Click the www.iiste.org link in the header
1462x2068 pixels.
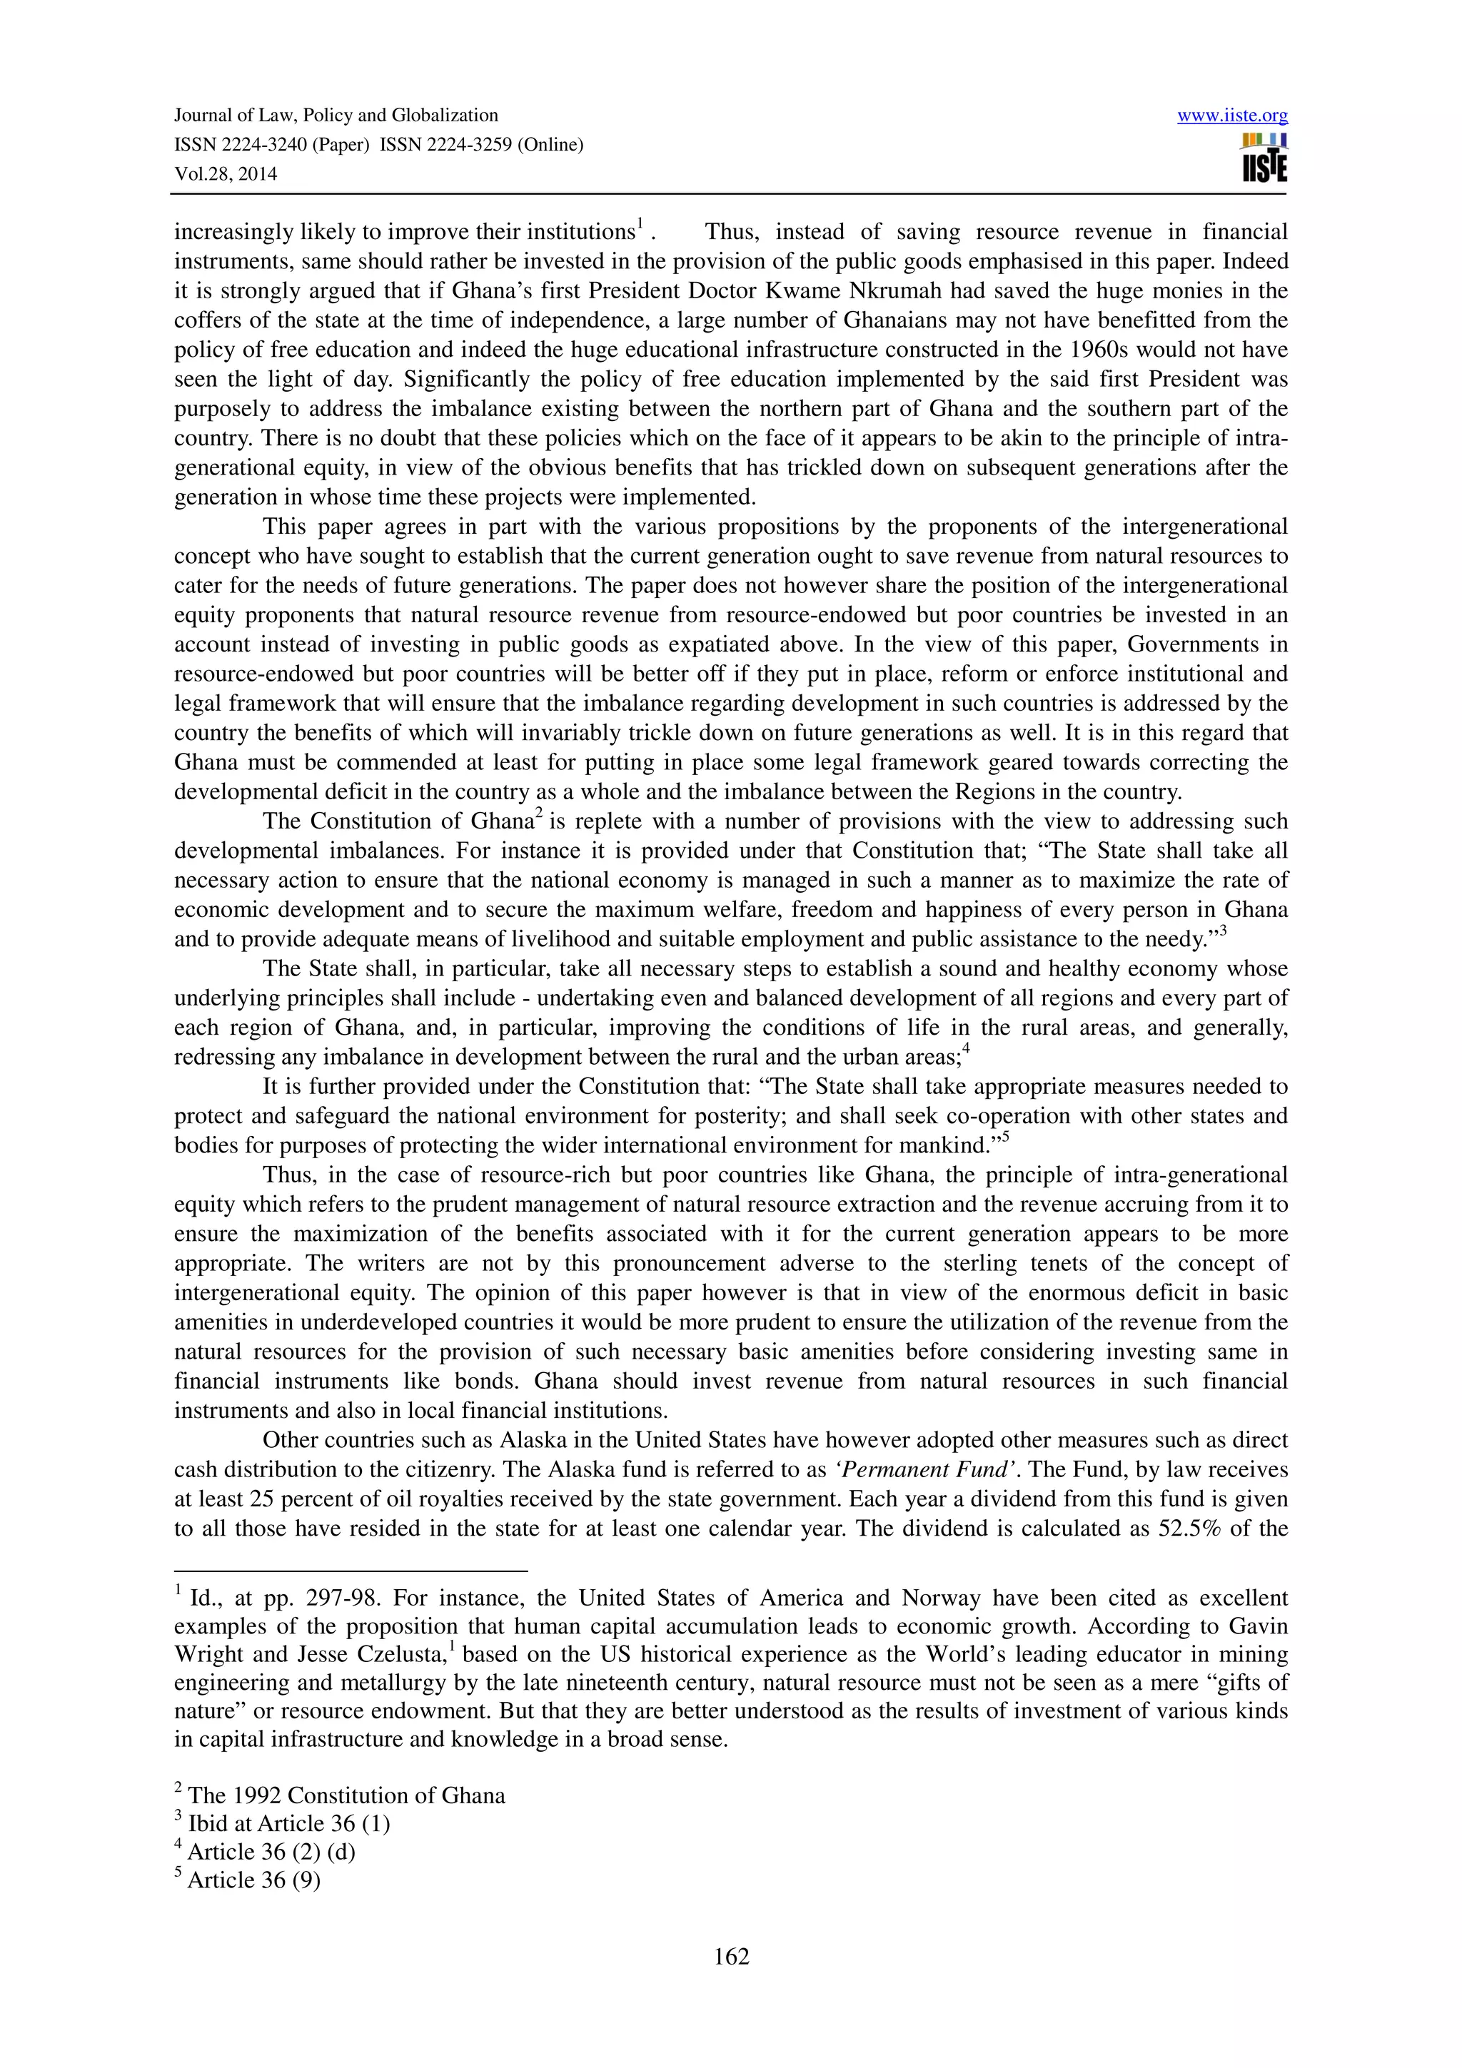click(x=1231, y=116)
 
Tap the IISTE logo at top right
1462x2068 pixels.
click(x=1264, y=158)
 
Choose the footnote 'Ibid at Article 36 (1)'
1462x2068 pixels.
click(x=288, y=1823)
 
